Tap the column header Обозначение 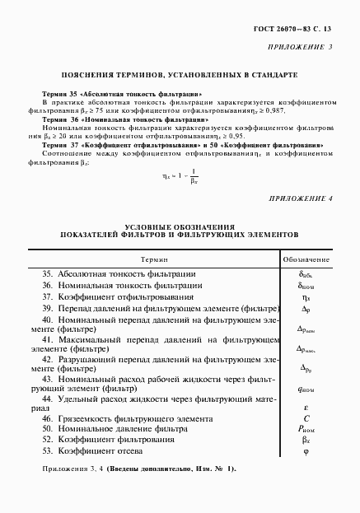tap(306, 259)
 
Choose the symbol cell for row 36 tap(306, 286)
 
